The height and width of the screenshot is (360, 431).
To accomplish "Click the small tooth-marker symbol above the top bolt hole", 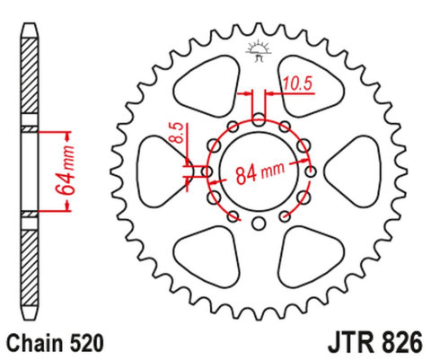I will click(x=259, y=52).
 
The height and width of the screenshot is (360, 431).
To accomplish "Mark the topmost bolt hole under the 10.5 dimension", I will click(x=259, y=118).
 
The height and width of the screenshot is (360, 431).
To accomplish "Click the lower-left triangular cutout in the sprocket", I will click(x=207, y=258).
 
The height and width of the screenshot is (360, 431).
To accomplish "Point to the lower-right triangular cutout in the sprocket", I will click(x=310, y=258).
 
